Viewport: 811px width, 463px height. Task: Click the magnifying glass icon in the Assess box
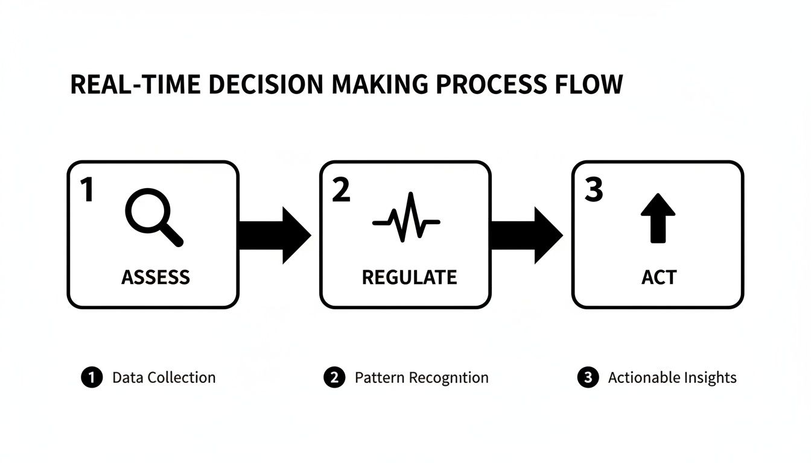153,218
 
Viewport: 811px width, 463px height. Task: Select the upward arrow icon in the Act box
658,218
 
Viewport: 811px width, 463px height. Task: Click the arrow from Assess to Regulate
274,235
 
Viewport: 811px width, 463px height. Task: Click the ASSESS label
156,277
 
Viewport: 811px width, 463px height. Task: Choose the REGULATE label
409,277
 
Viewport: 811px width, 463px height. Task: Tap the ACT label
659,277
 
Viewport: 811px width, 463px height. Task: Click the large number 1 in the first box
87,190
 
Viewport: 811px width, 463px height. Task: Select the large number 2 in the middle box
341,190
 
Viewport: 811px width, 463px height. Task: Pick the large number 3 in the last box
594,190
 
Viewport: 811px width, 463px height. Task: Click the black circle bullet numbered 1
92,378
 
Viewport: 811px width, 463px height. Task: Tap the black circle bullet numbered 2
334,378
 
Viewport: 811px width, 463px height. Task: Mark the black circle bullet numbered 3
587,378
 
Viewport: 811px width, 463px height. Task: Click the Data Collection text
164,378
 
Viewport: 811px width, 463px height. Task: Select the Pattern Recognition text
421,378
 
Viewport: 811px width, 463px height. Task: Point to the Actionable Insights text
672,378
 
